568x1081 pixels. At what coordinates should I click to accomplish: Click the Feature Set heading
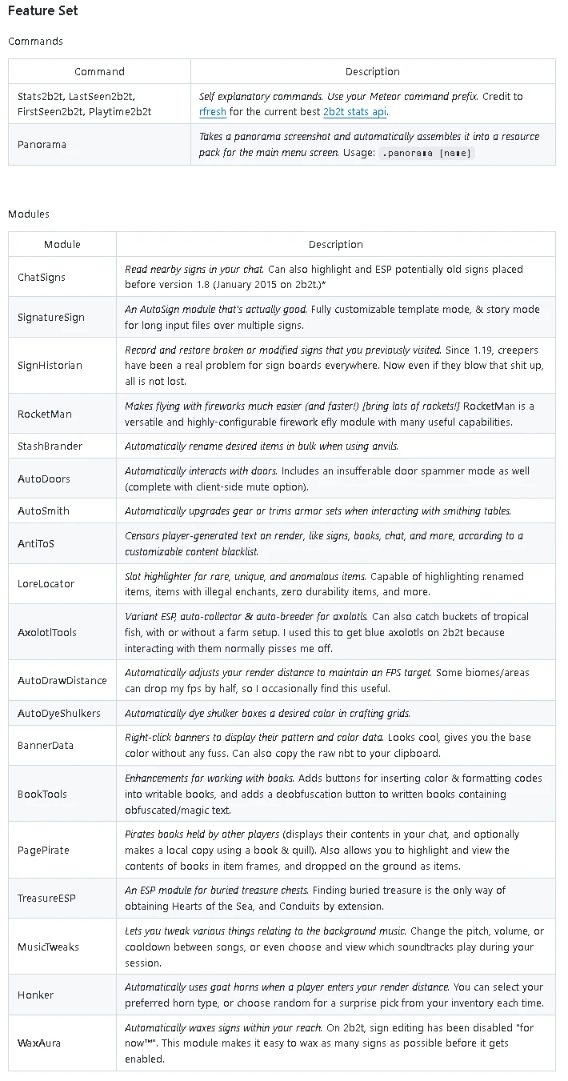click(x=43, y=11)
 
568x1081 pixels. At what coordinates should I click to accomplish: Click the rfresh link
click(x=213, y=112)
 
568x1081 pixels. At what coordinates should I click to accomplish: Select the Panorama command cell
click(x=42, y=145)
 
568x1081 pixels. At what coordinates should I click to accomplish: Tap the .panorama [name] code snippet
click(x=426, y=153)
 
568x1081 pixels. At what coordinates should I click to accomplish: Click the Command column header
click(x=99, y=71)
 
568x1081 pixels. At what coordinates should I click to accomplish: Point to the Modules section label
click(x=29, y=214)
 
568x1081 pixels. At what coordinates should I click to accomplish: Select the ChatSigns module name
click(x=42, y=277)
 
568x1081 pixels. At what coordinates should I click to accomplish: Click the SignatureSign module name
click(x=51, y=317)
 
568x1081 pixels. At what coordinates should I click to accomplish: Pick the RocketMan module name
click(x=45, y=414)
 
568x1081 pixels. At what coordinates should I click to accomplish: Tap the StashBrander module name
click(x=50, y=446)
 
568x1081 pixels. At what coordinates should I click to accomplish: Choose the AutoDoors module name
click(x=44, y=478)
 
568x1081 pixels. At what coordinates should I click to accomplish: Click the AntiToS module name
click(x=36, y=543)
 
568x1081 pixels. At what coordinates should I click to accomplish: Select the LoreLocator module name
click(x=46, y=583)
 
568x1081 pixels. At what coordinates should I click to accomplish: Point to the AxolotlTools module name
click(x=47, y=632)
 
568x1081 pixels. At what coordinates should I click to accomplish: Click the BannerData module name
click(x=46, y=745)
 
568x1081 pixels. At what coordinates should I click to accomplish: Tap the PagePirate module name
click(x=44, y=850)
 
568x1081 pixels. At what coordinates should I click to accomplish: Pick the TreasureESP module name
click(x=46, y=898)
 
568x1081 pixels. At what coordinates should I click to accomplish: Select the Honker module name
click(x=36, y=995)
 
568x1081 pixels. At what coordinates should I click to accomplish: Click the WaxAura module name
click(x=39, y=1043)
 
